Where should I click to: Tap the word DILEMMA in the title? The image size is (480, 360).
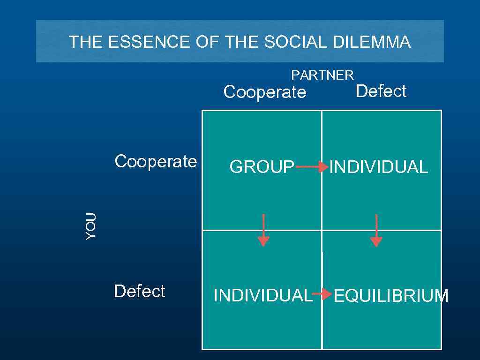(372, 43)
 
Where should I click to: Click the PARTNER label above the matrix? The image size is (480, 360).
(322, 75)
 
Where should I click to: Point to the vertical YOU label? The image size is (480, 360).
(91, 226)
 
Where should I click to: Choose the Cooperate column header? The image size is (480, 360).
(265, 92)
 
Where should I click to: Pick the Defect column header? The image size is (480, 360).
(381, 91)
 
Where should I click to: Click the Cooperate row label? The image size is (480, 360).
(156, 162)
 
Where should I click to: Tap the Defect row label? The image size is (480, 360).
(139, 292)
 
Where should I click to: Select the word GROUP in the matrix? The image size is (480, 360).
(262, 167)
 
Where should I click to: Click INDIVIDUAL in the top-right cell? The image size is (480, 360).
(379, 167)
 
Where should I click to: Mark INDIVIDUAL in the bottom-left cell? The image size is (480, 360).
(262, 296)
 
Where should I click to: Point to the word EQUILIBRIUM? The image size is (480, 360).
(390, 296)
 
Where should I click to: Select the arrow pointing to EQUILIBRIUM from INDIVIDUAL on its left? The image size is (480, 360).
(322, 294)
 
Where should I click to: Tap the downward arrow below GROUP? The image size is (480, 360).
(263, 230)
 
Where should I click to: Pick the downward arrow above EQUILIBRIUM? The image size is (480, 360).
(376, 230)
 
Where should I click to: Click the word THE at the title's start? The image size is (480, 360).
(86, 43)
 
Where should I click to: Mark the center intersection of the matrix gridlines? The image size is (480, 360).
(322, 230)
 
